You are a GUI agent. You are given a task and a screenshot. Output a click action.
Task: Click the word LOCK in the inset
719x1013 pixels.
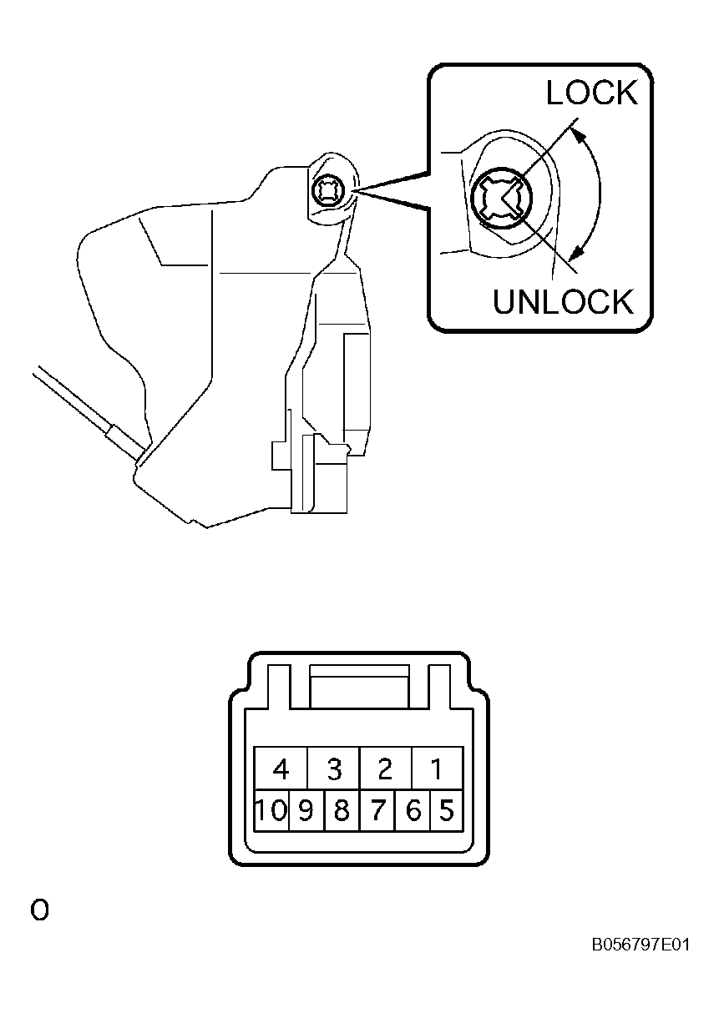click(x=591, y=93)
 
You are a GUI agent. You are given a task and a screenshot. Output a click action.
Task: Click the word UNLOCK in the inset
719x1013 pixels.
click(x=563, y=301)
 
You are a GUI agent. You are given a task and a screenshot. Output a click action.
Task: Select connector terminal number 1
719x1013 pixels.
click(x=437, y=768)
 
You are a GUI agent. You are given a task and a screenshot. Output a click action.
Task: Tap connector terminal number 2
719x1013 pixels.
click(x=386, y=768)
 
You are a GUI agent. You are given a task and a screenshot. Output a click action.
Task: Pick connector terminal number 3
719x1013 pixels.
click(x=333, y=768)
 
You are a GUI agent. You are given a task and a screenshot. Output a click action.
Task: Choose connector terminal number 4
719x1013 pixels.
click(x=281, y=768)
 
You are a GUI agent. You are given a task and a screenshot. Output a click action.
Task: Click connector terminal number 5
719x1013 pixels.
click(x=446, y=810)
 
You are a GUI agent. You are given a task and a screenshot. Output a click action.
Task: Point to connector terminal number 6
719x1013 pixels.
click(x=413, y=810)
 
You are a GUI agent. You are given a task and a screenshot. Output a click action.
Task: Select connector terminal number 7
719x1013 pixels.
click(x=377, y=810)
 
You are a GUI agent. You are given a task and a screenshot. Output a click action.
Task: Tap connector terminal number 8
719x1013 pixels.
click(x=342, y=810)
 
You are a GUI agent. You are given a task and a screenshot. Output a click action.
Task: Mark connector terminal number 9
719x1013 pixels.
click(x=306, y=810)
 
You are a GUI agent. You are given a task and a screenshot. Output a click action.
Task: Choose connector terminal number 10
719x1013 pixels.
click(x=271, y=810)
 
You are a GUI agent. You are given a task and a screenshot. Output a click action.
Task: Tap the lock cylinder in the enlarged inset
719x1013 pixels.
click(x=500, y=198)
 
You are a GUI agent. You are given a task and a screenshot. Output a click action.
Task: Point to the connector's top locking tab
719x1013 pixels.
click(x=359, y=686)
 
